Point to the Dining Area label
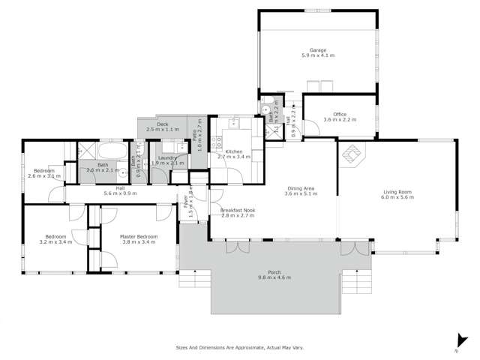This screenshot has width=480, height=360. tap(301, 188)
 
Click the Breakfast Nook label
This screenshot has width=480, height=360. tap(238, 211)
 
